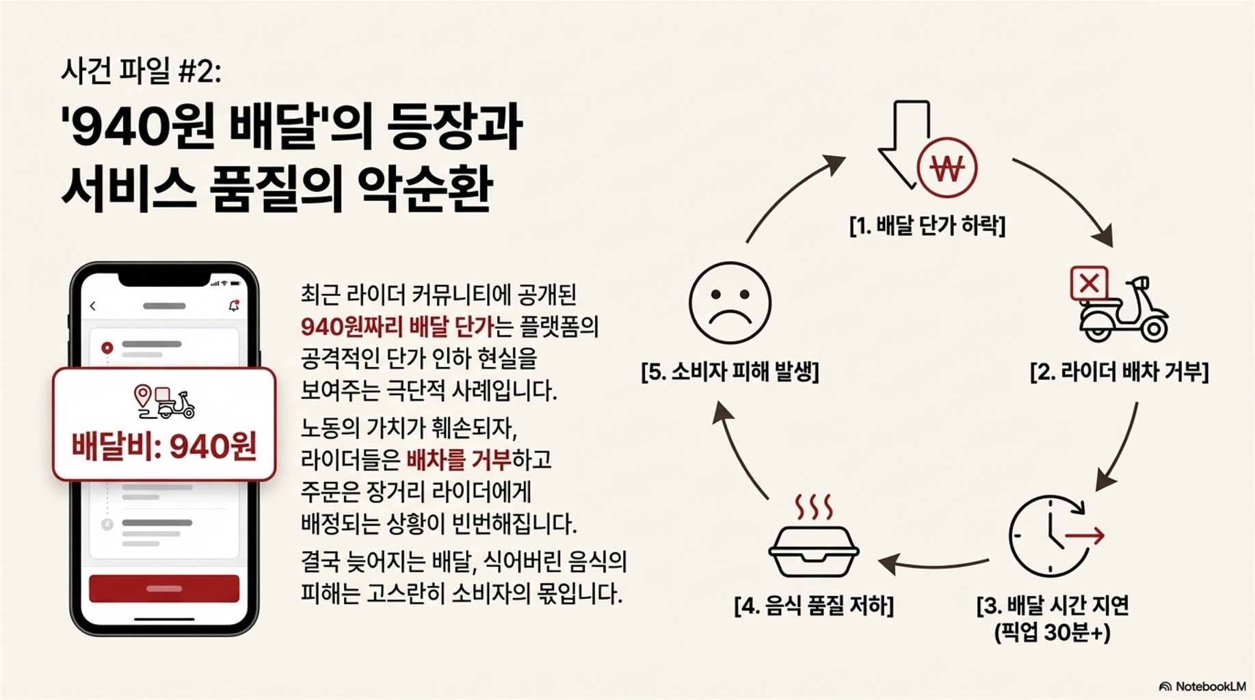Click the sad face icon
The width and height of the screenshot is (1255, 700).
(x=730, y=303)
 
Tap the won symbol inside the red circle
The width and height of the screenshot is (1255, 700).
(x=947, y=168)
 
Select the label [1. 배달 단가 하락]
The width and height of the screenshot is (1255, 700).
(x=927, y=225)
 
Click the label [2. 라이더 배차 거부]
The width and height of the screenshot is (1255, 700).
(x=1119, y=372)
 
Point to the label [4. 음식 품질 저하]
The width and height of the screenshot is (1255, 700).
(x=813, y=606)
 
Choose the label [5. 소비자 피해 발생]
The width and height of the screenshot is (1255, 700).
(x=730, y=372)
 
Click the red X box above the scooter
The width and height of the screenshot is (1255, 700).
(x=1089, y=283)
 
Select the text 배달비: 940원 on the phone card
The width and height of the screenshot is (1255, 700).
(x=164, y=446)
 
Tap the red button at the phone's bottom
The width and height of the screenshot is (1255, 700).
(x=164, y=588)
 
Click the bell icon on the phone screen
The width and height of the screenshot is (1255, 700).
(x=234, y=306)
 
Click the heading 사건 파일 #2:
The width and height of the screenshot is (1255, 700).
(x=142, y=71)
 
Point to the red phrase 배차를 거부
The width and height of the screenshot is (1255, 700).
(x=458, y=459)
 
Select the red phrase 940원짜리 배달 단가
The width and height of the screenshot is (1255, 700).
(x=397, y=326)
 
